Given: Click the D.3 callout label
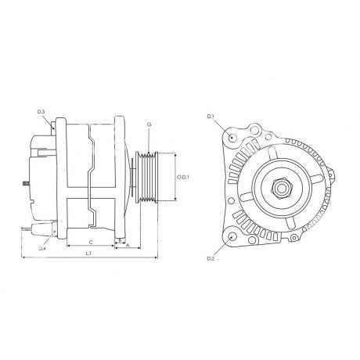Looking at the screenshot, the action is point(41,112).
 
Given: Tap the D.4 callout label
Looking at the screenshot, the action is point(42,249).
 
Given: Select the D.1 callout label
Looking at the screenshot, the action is point(211,117).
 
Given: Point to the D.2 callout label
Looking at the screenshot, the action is point(211,258).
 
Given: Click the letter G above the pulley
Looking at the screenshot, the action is point(149,124).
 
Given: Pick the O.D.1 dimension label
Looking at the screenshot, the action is point(183,177).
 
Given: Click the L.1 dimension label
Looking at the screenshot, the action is point(88,253).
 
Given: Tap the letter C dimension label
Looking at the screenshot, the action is point(91,243).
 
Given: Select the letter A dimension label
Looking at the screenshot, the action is point(128,246).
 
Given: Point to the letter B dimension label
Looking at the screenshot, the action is point(120,240).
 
